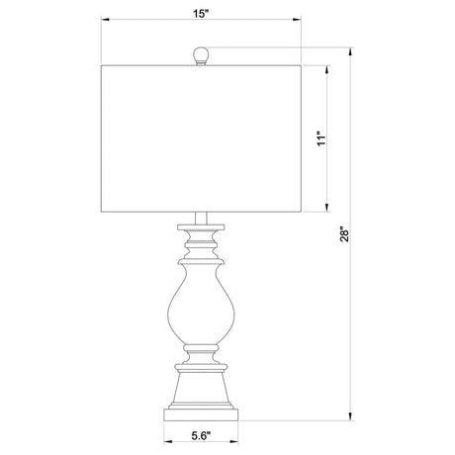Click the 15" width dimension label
tap(201, 14)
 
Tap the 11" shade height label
tap(321, 138)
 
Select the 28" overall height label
tap(344, 233)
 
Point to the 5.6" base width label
tap(201, 436)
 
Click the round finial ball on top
tap(201, 53)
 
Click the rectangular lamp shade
tap(201, 138)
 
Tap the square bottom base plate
tap(201, 414)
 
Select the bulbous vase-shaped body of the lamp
tap(201, 305)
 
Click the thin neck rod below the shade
tap(201, 218)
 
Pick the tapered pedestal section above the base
tap(201, 388)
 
